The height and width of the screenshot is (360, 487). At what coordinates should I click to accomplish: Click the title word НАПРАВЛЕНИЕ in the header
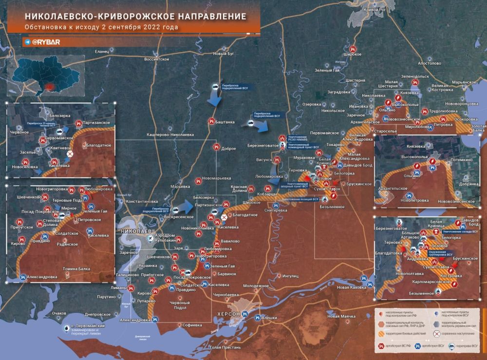[205, 16]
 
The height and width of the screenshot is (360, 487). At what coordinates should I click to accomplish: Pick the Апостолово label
[429, 63]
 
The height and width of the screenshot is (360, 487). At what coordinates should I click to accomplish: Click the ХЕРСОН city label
[228, 314]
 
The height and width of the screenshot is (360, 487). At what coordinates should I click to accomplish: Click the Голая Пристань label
[225, 347]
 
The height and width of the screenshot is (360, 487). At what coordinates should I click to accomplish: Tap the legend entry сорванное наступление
[460, 334]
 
